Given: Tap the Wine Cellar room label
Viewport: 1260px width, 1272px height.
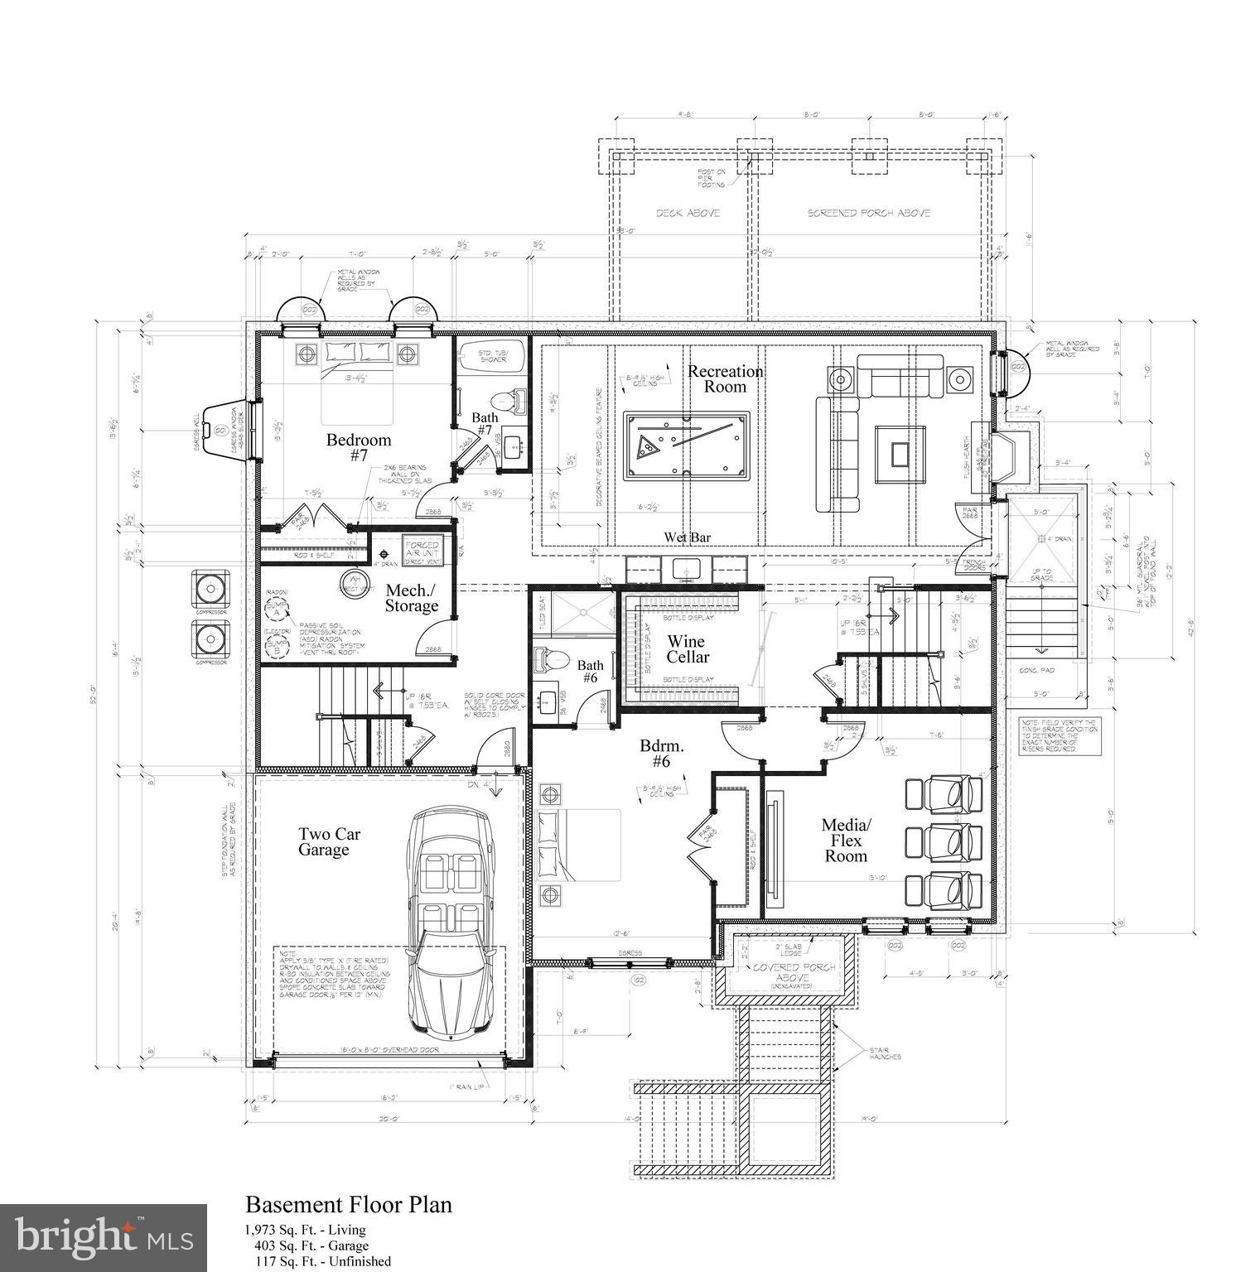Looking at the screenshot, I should coord(687,648).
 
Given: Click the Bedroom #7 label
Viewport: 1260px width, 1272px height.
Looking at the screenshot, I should coord(358,447).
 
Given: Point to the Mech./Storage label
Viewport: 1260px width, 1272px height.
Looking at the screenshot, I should coord(411,598).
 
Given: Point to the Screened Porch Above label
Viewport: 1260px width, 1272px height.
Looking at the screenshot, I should coord(869,213).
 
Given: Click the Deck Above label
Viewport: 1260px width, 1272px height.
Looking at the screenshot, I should coord(688,213).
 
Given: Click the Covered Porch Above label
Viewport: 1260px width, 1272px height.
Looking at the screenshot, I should coord(783,972).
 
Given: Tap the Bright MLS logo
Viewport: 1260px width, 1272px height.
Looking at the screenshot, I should coord(104,1238).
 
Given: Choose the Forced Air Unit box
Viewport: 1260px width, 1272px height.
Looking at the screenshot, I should coord(421,550).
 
